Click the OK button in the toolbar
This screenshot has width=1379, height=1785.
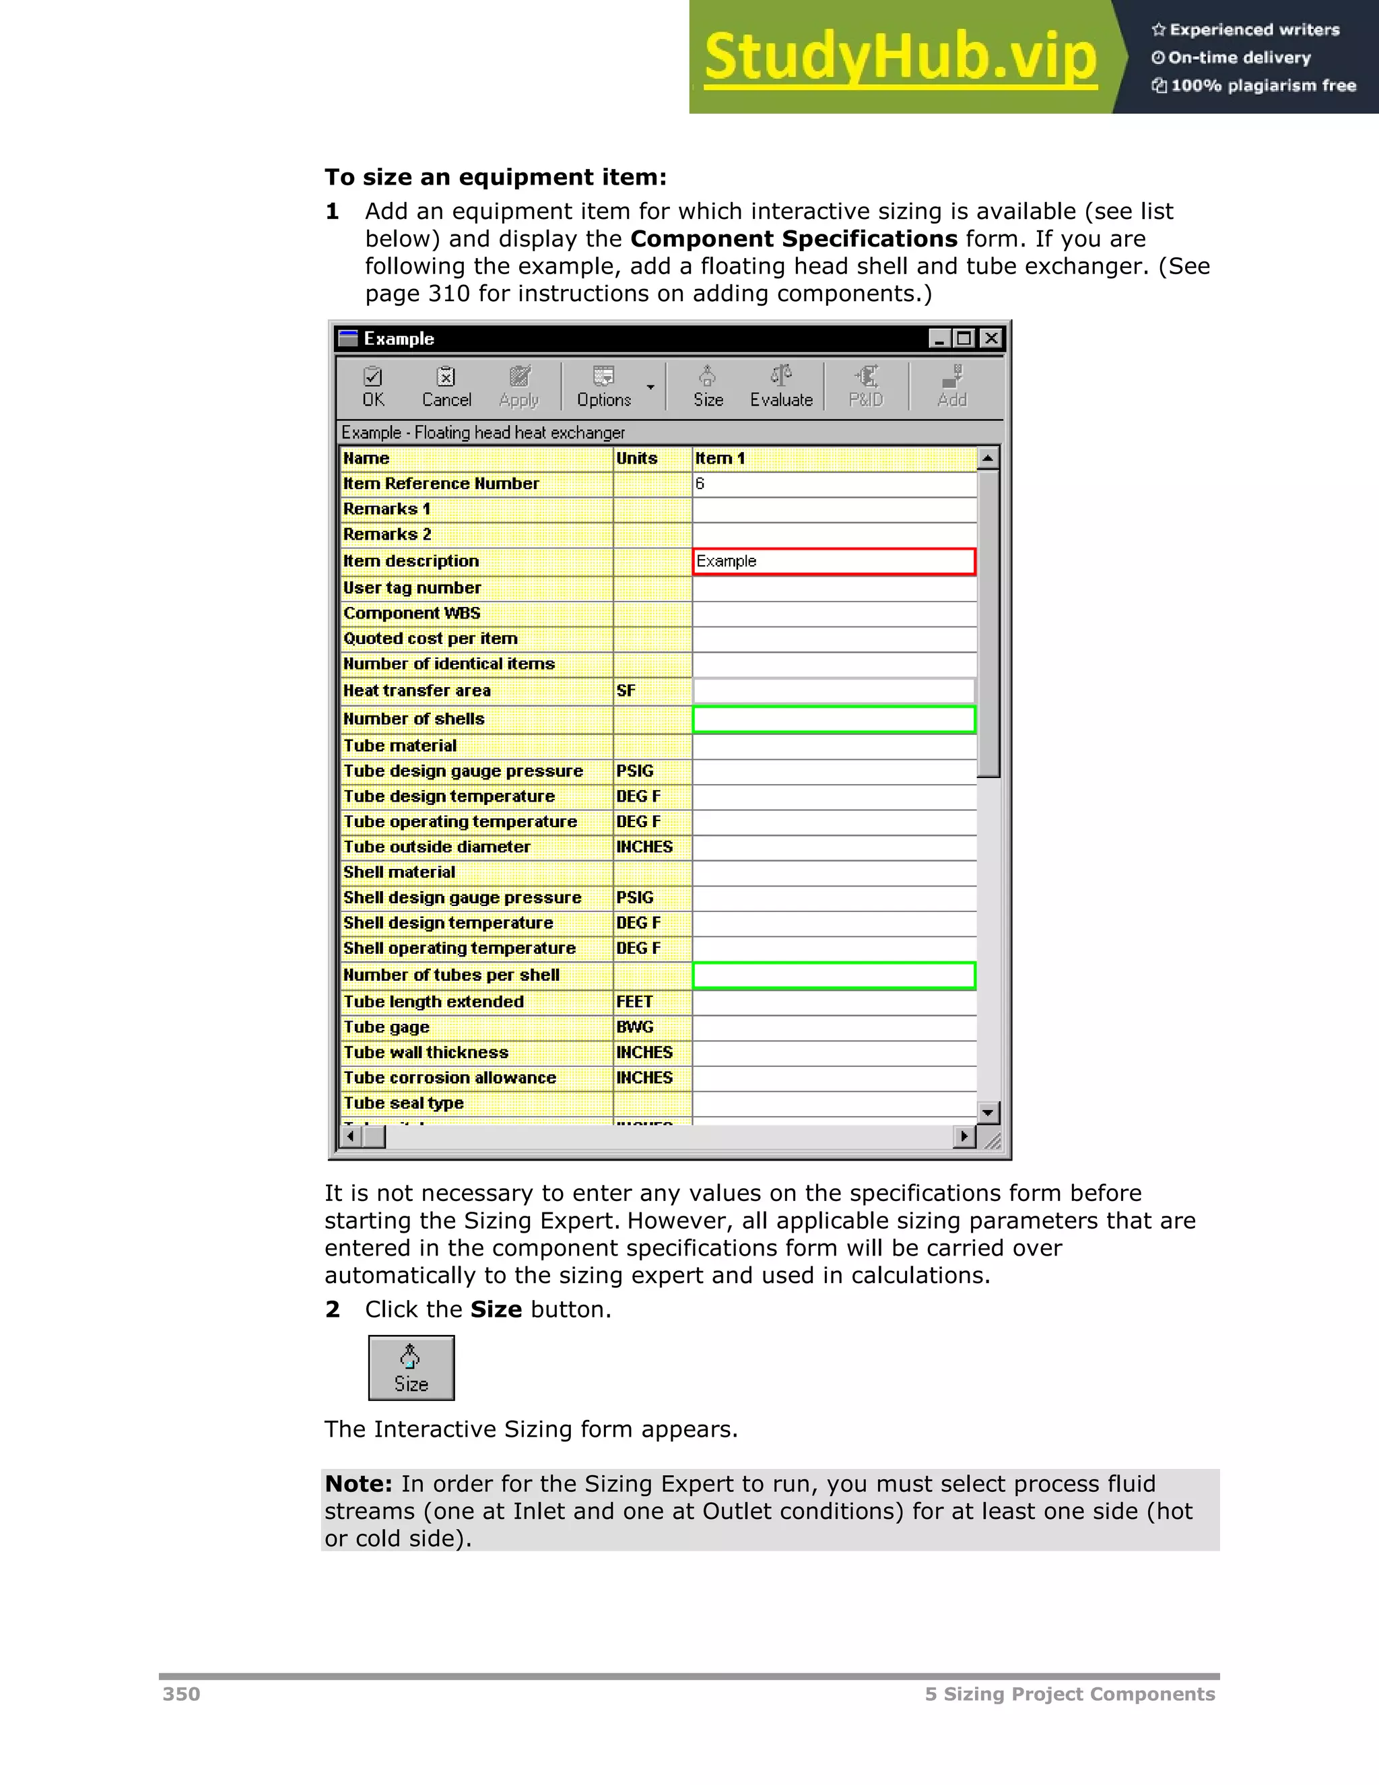[x=373, y=387]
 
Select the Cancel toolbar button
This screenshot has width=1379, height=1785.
[x=446, y=387]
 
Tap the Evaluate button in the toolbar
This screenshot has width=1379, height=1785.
[x=781, y=387]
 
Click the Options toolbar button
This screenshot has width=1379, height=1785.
[x=604, y=387]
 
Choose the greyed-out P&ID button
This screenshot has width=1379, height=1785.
[x=866, y=387]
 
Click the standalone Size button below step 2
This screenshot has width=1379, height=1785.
[x=411, y=1368]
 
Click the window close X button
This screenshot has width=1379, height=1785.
[x=991, y=338]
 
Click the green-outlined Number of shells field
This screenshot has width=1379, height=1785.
[x=834, y=719]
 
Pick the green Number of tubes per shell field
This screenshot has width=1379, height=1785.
[x=834, y=975]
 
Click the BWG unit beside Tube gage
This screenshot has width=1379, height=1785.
[x=635, y=1027]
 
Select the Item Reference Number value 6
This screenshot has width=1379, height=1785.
[x=700, y=484]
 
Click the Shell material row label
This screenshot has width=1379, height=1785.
[x=399, y=872]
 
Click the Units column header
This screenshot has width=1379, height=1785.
[x=637, y=459]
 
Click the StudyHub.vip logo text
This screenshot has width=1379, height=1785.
[x=900, y=57]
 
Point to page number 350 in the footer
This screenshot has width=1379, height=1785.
[x=181, y=1694]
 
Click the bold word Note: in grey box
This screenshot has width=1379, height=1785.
[x=359, y=1484]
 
